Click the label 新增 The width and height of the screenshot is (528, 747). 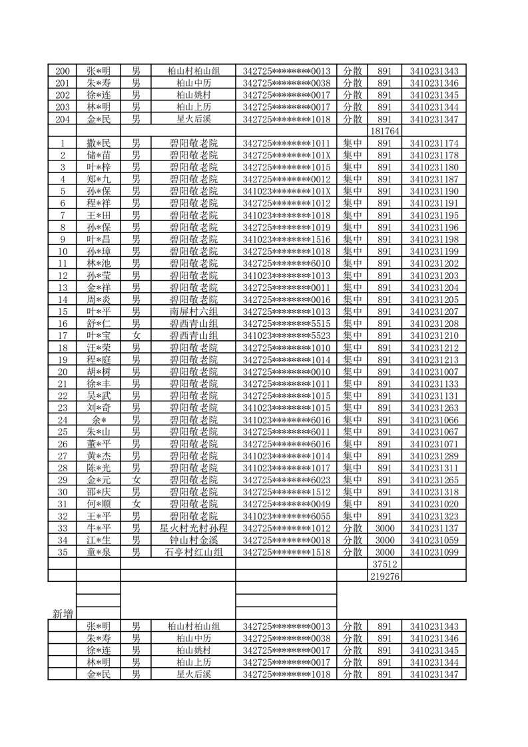pos(63,613)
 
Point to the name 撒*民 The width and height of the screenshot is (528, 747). pos(98,143)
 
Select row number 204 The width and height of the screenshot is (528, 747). pos(63,119)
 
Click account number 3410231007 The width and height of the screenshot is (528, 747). pos(434,372)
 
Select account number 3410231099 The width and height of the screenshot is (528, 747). pos(434,552)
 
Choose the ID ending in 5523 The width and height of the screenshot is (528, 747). pos(286,336)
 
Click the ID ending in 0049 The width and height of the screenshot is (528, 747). pos(286,504)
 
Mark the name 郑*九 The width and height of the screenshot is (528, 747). pos(98,179)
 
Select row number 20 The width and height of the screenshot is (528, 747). pos(63,372)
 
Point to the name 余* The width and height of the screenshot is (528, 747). pos(98,419)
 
